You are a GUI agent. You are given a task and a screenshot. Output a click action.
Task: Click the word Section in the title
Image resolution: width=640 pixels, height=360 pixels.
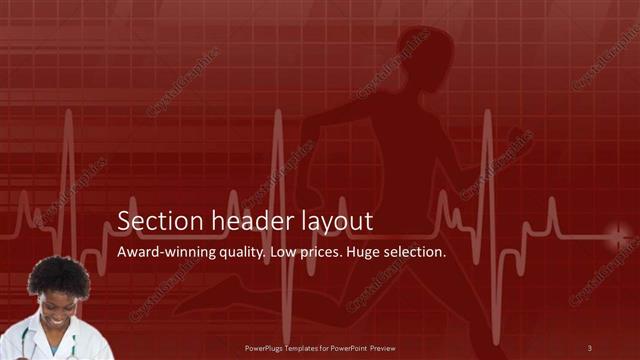(x=152, y=221)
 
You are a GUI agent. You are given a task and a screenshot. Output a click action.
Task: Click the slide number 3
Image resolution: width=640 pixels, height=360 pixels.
(x=590, y=348)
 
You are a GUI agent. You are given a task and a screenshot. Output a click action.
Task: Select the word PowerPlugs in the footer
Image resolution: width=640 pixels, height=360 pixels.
(x=265, y=348)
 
